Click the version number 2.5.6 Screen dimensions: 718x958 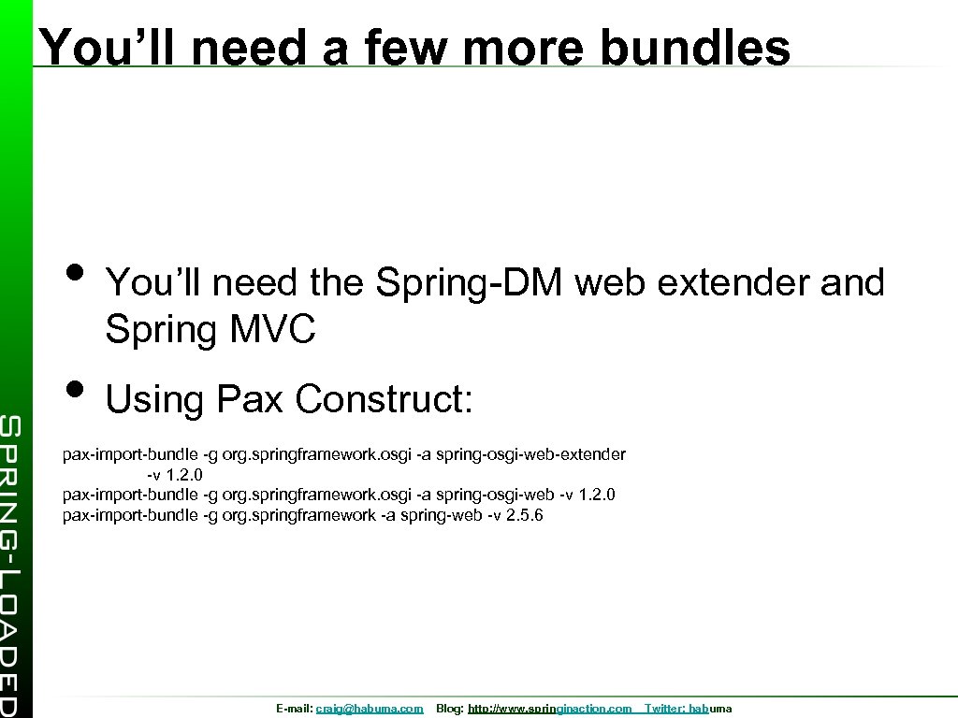pyautogui.click(x=524, y=515)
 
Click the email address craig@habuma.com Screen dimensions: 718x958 pyautogui.click(x=370, y=710)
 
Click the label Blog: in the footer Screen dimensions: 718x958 pyautogui.click(x=450, y=710)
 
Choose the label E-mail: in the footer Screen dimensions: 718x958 pyautogui.click(x=295, y=710)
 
